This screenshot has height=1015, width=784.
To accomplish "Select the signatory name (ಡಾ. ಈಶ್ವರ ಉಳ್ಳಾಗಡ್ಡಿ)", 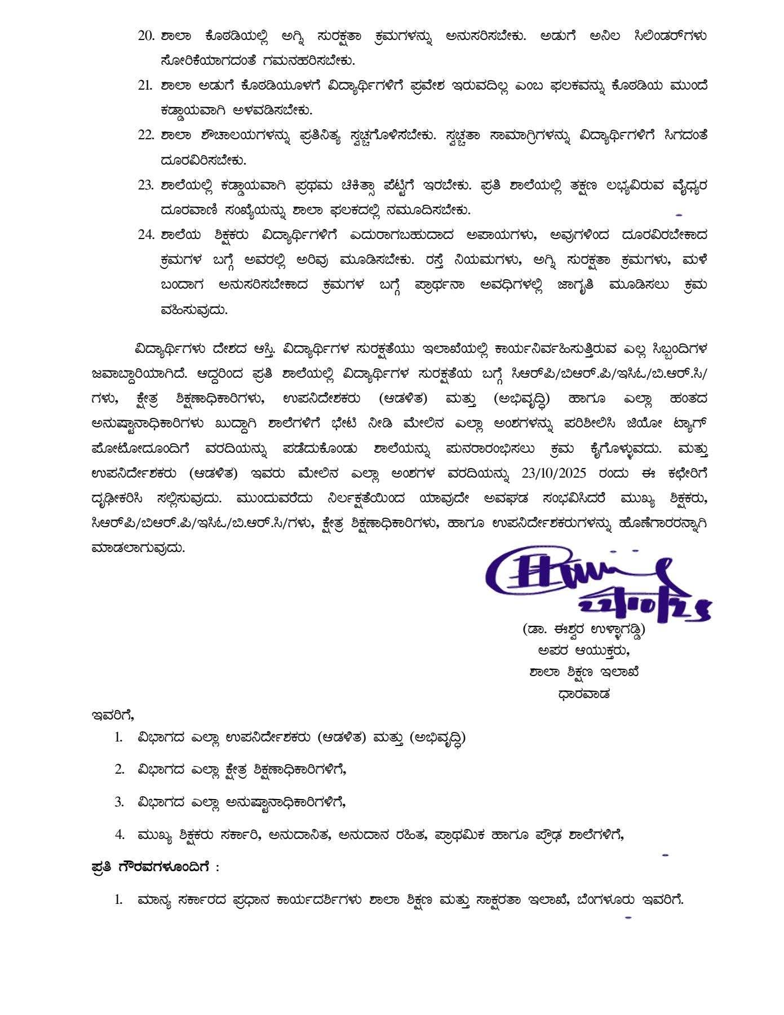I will coord(583,628).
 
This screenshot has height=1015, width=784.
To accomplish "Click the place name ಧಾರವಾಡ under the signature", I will coord(583,694).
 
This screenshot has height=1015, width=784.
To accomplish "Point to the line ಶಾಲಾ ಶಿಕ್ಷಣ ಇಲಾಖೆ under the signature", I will coord(583,672).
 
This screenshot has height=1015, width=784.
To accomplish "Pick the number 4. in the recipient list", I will coord(119,835).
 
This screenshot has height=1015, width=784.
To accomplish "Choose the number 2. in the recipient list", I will coord(119,769).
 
